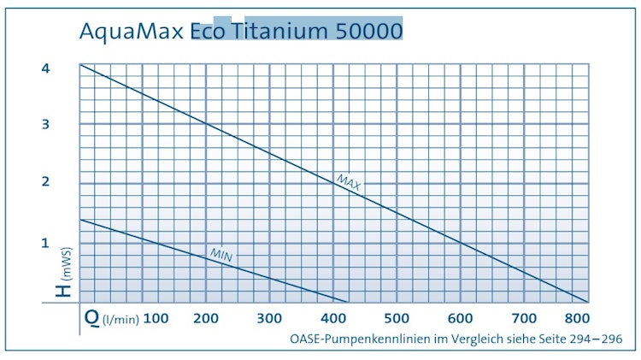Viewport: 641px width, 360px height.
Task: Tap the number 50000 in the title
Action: (367, 32)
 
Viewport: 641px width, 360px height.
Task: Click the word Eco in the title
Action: (210, 32)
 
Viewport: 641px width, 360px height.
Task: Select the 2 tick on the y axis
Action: (46, 181)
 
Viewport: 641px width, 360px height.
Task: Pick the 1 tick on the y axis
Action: (46, 243)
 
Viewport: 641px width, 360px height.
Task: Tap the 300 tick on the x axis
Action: (269, 319)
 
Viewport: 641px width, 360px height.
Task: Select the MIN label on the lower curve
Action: (221, 254)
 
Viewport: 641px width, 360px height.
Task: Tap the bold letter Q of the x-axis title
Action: (91, 318)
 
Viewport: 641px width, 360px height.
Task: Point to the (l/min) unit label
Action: (121, 321)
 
